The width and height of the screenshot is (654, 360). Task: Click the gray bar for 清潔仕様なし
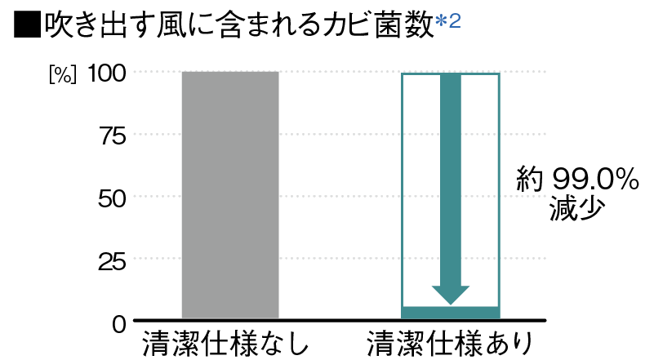[230, 195]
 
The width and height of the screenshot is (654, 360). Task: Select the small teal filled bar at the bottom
[451, 313]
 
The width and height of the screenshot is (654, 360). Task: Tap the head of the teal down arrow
[451, 296]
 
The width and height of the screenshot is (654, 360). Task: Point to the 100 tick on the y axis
[106, 73]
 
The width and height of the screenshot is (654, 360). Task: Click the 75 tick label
[113, 136]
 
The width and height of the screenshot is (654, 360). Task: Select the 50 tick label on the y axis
[112, 198]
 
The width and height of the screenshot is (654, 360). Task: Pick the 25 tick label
[112, 262]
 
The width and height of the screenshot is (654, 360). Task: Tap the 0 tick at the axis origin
[119, 324]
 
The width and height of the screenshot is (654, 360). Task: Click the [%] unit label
[63, 75]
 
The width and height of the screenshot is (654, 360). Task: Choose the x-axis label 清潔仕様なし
[225, 344]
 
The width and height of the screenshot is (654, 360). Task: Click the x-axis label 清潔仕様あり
[450, 344]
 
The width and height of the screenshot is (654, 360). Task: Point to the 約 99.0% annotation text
[578, 180]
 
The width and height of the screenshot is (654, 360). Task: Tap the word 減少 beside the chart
[576, 208]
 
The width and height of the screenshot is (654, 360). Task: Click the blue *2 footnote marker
[448, 21]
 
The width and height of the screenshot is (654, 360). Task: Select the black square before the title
[28, 24]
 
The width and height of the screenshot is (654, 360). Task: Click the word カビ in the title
[342, 25]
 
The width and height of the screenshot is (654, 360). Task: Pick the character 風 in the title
[171, 25]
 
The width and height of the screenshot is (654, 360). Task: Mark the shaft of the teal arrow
[451, 180]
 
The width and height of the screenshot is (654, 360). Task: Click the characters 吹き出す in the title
[98, 25]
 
